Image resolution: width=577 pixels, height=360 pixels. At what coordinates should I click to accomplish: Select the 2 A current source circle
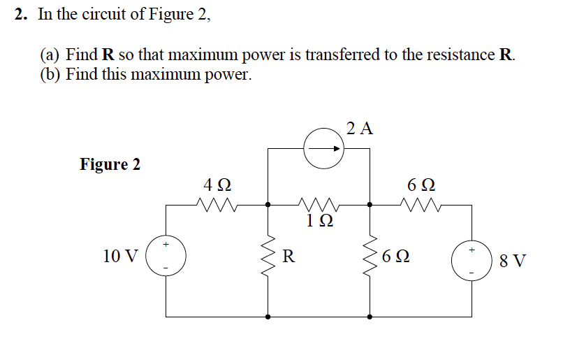pyautogui.click(x=323, y=148)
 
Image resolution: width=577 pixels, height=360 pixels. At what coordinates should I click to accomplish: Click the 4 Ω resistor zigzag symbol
pyautogui.click(x=217, y=205)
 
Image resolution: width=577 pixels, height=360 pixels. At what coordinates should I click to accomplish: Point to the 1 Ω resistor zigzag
pyautogui.click(x=319, y=205)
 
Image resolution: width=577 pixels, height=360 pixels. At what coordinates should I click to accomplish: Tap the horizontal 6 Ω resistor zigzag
pyautogui.click(x=421, y=205)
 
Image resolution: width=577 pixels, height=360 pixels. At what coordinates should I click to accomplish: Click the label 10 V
pyautogui.click(x=120, y=257)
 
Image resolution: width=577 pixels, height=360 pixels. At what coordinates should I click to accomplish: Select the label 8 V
pyautogui.click(x=513, y=262)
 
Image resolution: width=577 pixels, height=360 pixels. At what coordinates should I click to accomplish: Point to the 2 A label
pyautogui.click(x=360, y=128)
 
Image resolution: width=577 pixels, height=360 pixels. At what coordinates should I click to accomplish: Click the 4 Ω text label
pyautogui.click(x=217, y=186)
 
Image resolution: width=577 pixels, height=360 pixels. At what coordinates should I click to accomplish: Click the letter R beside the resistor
pyautogui.click(x=288, y=256)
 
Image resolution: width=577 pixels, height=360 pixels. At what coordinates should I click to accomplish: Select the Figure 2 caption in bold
pyautogui.click(x=110, y=165)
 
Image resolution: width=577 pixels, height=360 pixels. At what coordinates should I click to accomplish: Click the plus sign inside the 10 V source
pyautogui.click(x=166, y=245)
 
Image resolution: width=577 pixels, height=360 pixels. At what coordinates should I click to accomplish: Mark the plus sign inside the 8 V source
pyautogui.click(x=471, y=248)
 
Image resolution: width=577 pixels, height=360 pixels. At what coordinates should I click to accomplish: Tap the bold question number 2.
pyautogui.click(x=21, y=15)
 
